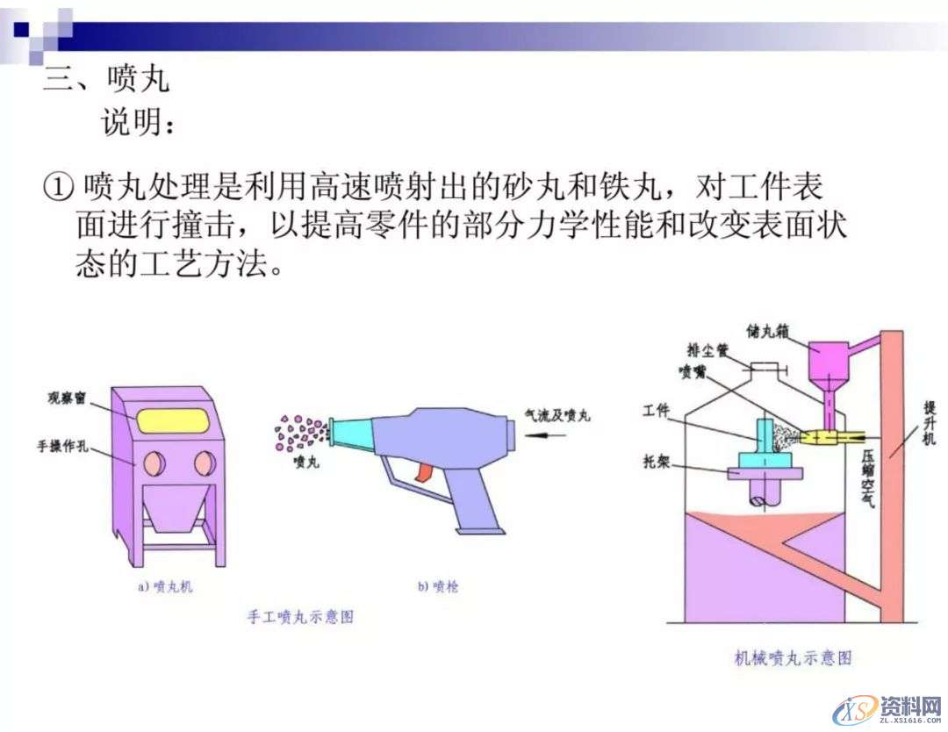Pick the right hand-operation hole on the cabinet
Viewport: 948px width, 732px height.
pos(204,463)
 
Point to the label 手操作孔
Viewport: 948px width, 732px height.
pos(65,446)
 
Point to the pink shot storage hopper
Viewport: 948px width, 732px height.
pos(825,360)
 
